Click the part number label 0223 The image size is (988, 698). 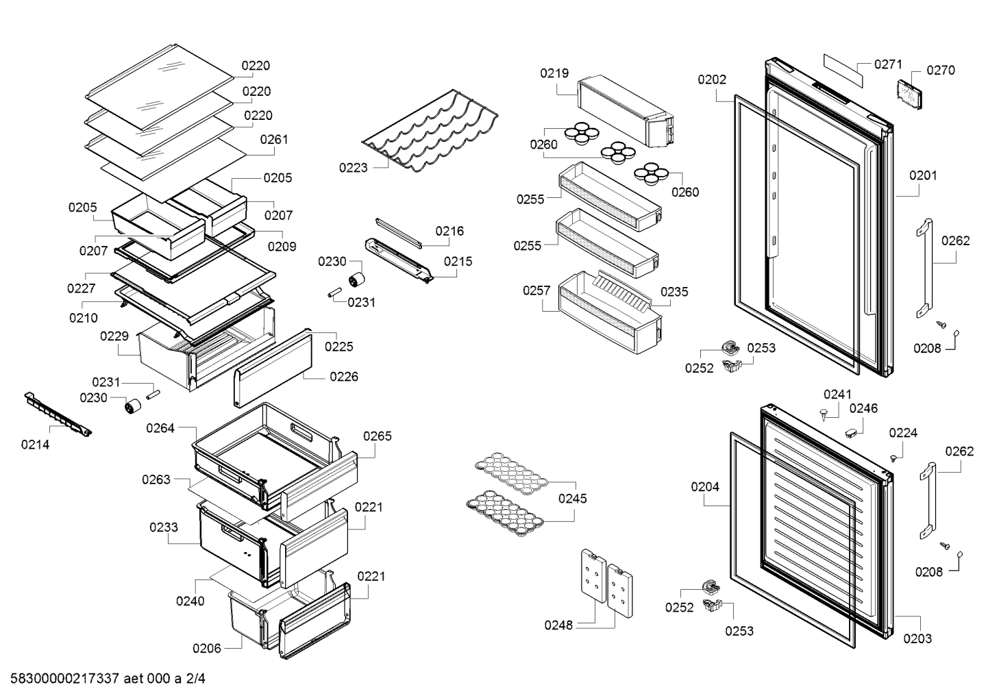(x=354, y=168)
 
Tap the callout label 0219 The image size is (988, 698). (x=554, y=73)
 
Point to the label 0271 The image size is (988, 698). (x=889, y=64)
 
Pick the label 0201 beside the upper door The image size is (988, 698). (x=923, y=175)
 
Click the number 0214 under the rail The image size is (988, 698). (x=36, y=445)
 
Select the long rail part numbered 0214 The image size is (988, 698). (x=58, y=414)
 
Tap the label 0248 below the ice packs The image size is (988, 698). (x=558, y=625)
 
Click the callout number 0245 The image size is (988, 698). (x=573, y=499)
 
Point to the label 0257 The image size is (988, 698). (x=536, y=290)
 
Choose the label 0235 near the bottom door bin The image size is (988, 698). (x=674, y=292)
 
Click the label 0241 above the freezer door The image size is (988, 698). (x=837, y=394)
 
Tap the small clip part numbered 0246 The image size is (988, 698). (x=851, y=433)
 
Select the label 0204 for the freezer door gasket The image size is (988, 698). (x=705, y=487)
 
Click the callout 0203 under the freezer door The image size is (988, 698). (x=917, y=638)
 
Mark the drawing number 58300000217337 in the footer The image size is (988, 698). (x=65, y=678)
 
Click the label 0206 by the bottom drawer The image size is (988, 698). (x=207, y=648)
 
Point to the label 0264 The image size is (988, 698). (x=160, y=428)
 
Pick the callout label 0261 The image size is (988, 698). (x=274, y=140)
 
